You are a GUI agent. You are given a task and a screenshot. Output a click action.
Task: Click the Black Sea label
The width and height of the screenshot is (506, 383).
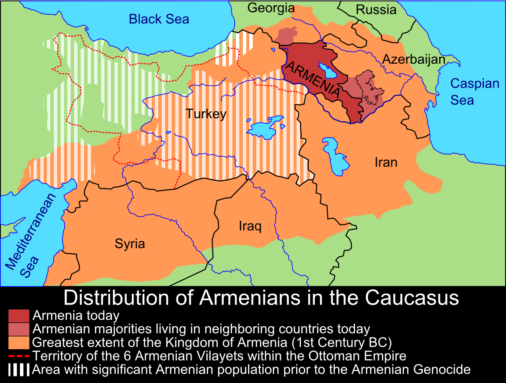[x=159, y=19]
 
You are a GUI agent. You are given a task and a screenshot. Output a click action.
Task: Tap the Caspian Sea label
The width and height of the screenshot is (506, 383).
[x=474, y=91]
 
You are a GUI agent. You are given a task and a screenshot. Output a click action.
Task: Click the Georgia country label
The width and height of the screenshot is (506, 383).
[x=271, y=8]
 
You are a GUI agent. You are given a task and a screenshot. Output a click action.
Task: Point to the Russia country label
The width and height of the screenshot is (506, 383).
[x=376, y=10]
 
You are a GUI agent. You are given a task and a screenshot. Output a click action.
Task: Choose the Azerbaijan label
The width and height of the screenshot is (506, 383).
[x=414, y=59]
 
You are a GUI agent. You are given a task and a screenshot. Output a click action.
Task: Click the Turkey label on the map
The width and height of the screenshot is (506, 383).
[x=206, y=114]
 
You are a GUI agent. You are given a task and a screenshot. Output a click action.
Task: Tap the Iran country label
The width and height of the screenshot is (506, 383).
[x=385, y=162]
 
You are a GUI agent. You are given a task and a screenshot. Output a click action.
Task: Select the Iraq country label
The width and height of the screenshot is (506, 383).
[x=250, y=226]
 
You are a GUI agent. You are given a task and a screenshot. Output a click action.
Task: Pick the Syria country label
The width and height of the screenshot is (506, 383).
[x=130, y=243]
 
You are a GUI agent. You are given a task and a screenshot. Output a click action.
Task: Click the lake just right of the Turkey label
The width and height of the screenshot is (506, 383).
[x=265, y=126]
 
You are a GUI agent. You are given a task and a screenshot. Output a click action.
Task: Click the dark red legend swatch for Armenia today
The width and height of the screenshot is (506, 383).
[x=19, y=316]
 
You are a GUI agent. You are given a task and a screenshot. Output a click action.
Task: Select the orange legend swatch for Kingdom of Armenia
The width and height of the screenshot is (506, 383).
[x=19, y=342]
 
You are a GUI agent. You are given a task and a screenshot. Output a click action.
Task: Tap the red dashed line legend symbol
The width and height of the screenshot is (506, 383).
[x=19, y=356]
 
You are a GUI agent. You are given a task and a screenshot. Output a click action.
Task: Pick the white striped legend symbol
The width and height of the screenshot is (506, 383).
[x=19, y=370]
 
